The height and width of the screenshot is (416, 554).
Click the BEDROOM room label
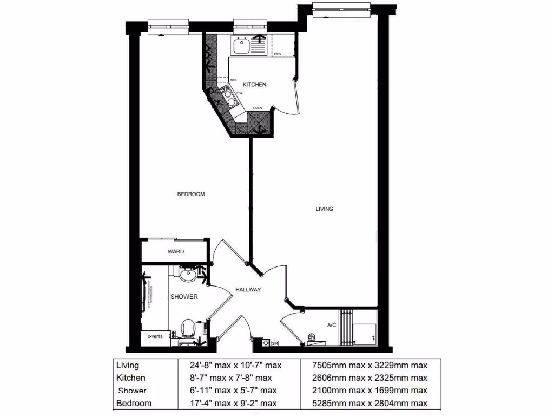pyautogui.click(x=191, y=194)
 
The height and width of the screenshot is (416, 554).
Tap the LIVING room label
pyautogui.click(x=325, y=209)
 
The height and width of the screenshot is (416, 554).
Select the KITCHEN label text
pyautogui.click(x=254, y=84)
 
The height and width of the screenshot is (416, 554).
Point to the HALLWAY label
pyautogui.click(x=248, y=290)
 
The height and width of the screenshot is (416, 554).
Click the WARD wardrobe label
pyautogui.click(x=175, y=251)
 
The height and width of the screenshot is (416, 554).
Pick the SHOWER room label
pyautogui.click(x=184, y=297)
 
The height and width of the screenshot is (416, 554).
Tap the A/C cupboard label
pyautogui.click(x=332, y=325)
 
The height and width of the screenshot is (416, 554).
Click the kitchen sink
pyautogui.click(x=241, y=46)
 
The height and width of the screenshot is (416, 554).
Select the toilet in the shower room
pyautogui.click(x=188, y=329)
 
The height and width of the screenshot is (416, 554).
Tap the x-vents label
pyautogui.click(x=155, y=336)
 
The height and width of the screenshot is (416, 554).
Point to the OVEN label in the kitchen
pyautogui.click(x=258, y=108)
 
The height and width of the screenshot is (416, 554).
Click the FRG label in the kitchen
pyautogui.click(x=278, y=54)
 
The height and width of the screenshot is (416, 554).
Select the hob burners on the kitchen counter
pyautogui.click(x=229, y=98)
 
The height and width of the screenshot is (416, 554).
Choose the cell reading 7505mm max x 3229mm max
pyautogui.click(x=366, y=366)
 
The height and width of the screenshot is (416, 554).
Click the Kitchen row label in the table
pyautogui.click(x=131, y=378)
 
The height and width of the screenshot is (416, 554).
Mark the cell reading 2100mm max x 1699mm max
pyautogui.click(x=366, y=391)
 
